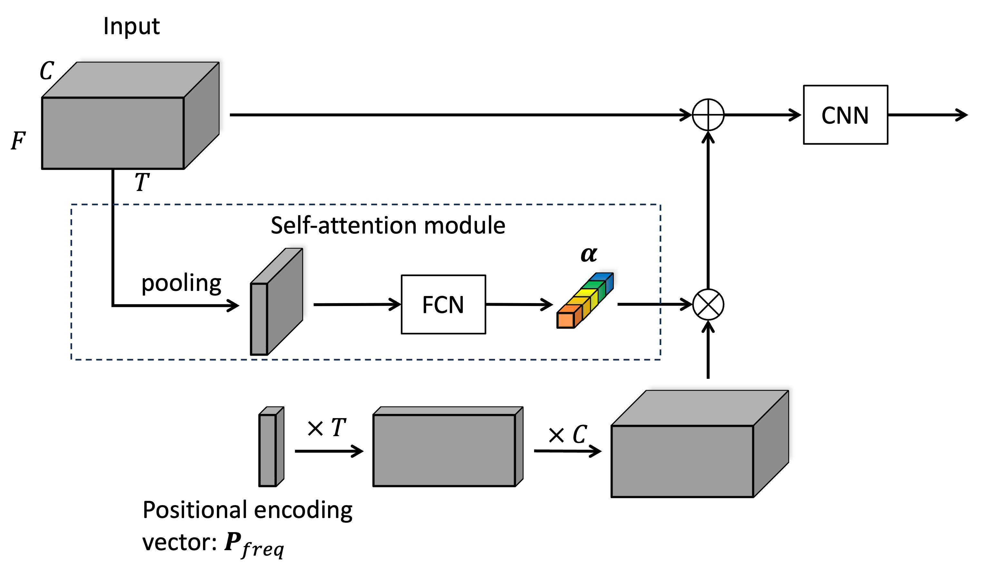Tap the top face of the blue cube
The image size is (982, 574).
pyautogui.click(x=601, y=276)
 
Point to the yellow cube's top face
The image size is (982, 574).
pyautogui.click(x=586, y=292)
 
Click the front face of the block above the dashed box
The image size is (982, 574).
pyautogui.click(x=113, y=132)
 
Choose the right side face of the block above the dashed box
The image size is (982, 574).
pyautogui.click(x=201, y=115)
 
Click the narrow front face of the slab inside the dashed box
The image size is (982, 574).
pyautogui.click(x=259, y=319)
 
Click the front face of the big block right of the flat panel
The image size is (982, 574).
pyautogui.click(x=682, y=461)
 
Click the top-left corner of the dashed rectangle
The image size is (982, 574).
pyautogui.click(x=71, y=205)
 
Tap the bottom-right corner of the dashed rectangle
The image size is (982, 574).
pyautogui.click(x=660, y=359)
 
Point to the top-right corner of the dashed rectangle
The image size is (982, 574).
pyautogui.click(x=660, y=205)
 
